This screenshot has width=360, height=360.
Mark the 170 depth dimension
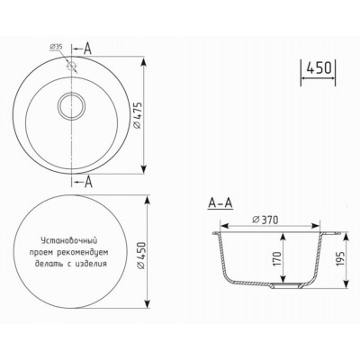275,260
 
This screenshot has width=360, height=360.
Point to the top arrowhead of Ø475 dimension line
146,59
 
